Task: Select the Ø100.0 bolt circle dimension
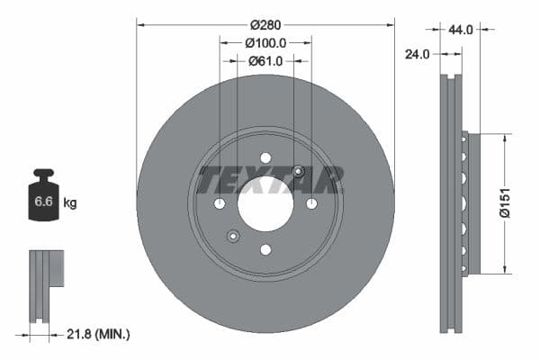(x=265, y=42)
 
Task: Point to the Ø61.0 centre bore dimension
(x=265, y=60)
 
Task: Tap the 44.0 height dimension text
(x=460, y=30)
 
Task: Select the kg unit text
(x=70, y=203)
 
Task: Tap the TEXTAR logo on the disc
(x=270, y=179)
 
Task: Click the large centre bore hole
(x=265, y=203)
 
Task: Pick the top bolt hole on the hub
(x=265, y=158)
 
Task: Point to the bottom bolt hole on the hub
(x=265, y=249)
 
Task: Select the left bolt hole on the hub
(x=220, y=204)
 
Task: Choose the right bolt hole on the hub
(x=311, y=204)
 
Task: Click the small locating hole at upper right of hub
(x=298, y=172)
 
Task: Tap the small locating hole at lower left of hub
(x=233, y=236)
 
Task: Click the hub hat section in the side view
(x=472, y=203)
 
